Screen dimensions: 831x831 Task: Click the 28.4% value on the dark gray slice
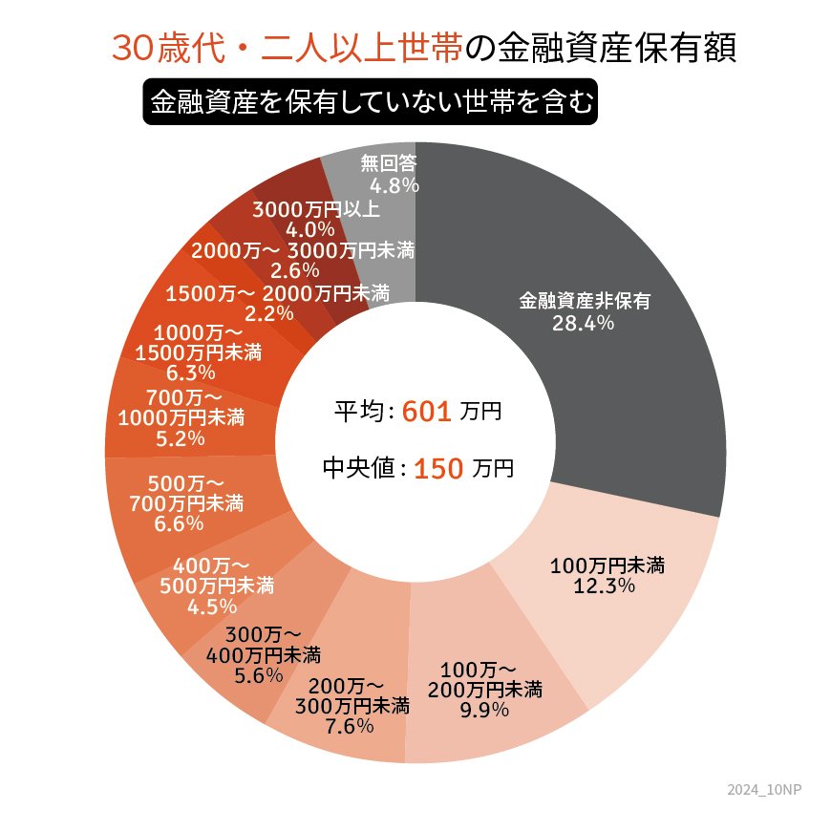click(583, 323)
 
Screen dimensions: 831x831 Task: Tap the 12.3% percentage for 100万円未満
click(605, 586)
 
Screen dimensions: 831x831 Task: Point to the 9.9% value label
click(485, 710)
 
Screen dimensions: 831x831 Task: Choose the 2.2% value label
click(268, 312)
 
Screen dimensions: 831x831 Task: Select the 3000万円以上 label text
click(317, 209)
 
